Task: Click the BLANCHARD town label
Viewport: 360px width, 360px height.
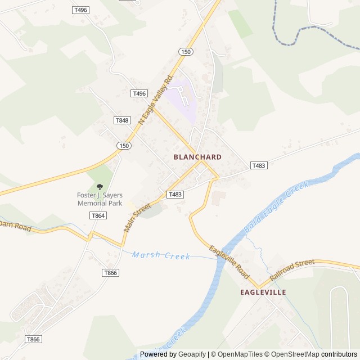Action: tap(197, 157)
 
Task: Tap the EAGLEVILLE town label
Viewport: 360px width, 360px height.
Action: tap(263, 292)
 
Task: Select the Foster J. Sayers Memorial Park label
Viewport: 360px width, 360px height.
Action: tap(100, 199)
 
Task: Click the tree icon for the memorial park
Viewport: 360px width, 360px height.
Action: tap(100, 186)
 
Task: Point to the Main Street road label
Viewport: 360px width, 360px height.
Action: tap(138, 217)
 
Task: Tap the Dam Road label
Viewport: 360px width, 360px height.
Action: tap(15, 225)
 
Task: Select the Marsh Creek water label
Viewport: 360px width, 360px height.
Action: tap(161, 255)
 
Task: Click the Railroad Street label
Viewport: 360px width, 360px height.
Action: tap(292, 270)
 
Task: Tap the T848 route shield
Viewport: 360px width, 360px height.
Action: tap(121, 120)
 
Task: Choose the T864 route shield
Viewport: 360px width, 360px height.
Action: tap(98, 215)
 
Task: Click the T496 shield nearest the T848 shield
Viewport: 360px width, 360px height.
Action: tap(139, 93)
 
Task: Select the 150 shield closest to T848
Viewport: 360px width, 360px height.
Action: tap(124, 145)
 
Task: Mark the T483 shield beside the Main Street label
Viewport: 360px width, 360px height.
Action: tap(175, 194)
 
